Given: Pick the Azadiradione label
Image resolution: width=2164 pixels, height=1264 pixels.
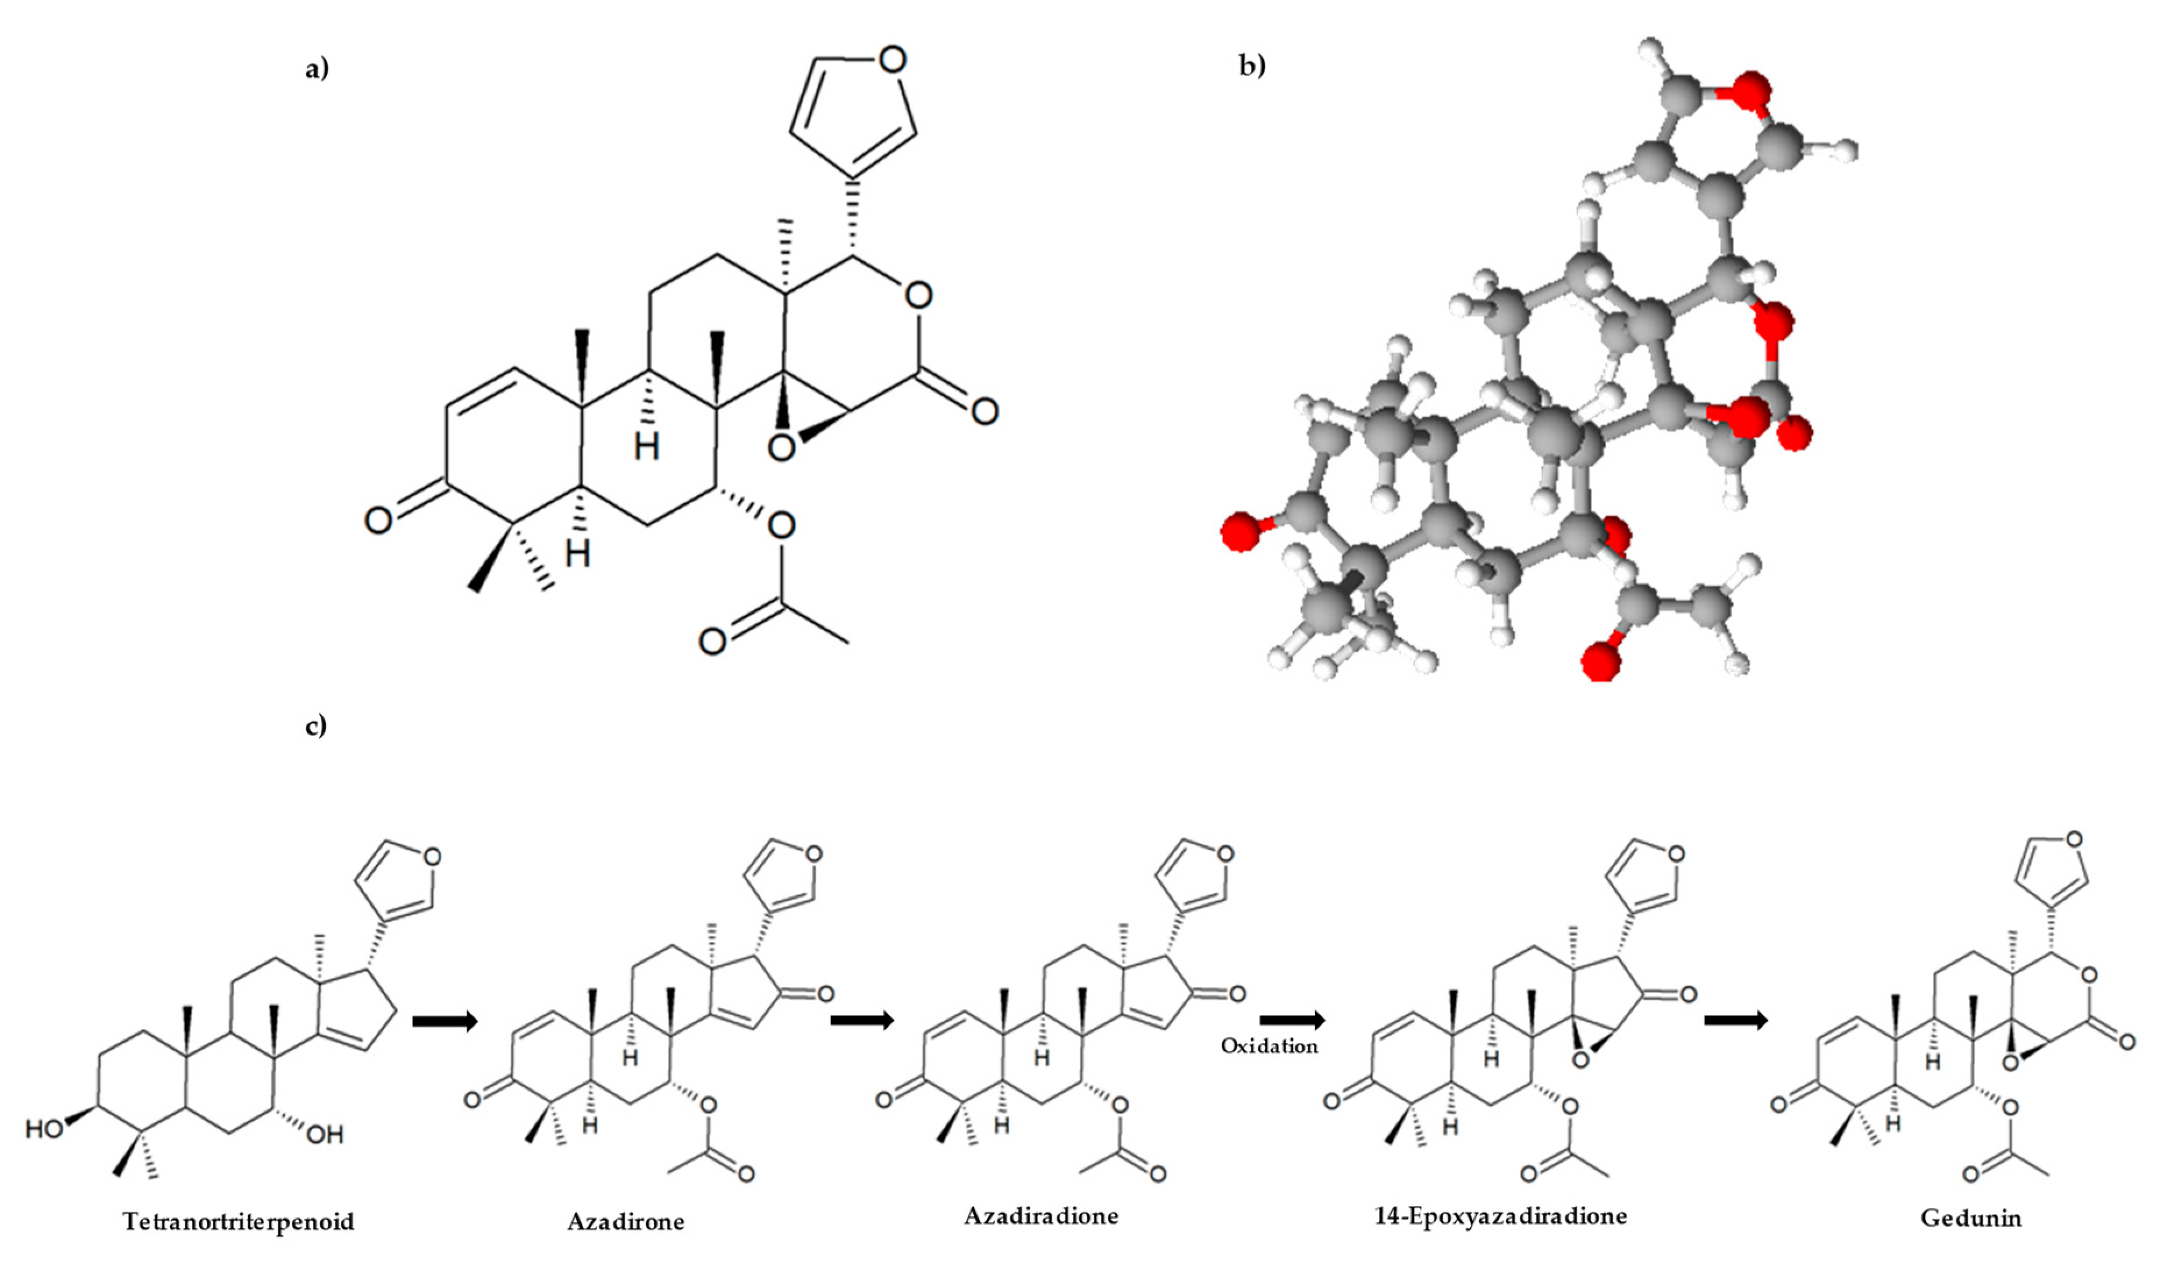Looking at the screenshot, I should (x=1041, y=1216).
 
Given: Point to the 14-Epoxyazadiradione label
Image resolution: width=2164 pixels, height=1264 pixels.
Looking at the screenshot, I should (x=1500, y=1216).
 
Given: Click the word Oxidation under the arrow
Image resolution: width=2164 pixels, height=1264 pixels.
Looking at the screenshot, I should (x=1269, y=1046).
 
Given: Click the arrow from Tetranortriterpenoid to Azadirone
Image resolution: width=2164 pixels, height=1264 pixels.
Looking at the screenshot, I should (x=445, y=1021).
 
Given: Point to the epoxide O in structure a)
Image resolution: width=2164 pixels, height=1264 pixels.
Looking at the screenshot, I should (x=781, y=447).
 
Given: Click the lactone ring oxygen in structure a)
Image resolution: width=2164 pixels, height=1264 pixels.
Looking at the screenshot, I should (x=918, y=295).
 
